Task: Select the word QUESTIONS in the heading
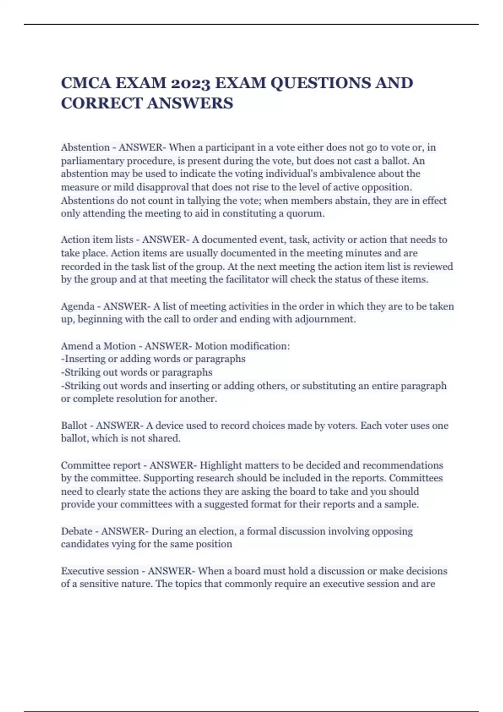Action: pos(320,83)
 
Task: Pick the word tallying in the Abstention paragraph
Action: pos(205,201)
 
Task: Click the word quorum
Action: pos(305,214)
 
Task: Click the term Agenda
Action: pos(78,307)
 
